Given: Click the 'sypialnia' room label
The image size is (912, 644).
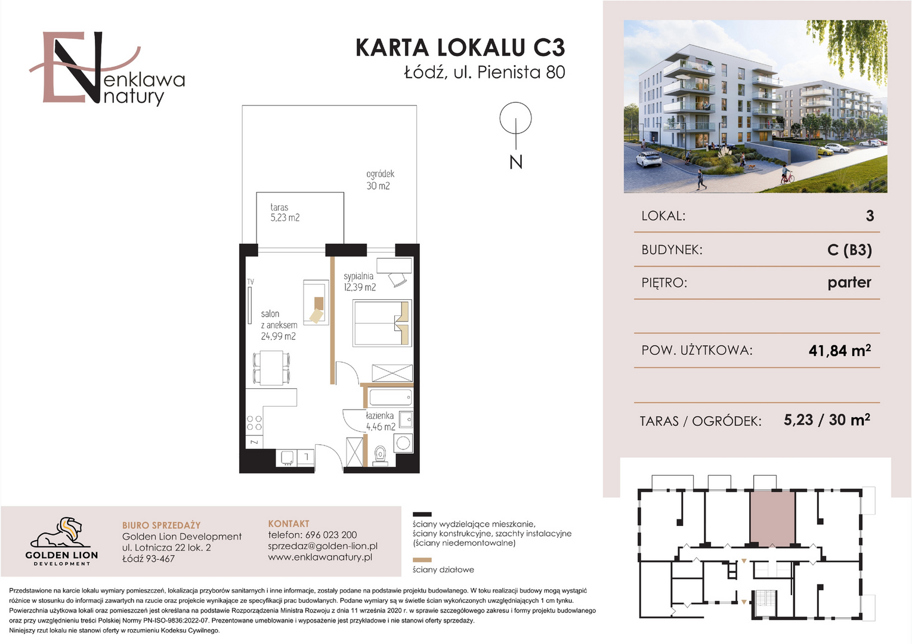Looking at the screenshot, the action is (x=358, y=276).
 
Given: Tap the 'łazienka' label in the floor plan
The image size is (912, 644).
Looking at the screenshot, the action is (x=379, y=416).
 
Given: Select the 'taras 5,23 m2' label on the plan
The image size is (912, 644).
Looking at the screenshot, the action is (x=285, y=212).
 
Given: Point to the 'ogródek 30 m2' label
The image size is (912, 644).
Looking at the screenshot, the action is (x=381, y=180).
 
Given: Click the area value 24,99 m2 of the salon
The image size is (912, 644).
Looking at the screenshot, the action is (x=278, y=336).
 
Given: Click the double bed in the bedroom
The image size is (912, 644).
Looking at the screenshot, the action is (x=382, y=323).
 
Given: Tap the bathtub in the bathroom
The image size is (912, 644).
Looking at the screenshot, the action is (x=390, y=397).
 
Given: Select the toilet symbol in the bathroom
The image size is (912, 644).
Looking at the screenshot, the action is (x=381, y=456).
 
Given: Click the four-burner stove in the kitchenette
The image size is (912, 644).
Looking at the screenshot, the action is (x=254, y=423).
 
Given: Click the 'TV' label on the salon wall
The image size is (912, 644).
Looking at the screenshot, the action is (x=251, y=281).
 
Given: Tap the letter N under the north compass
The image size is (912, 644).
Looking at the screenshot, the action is (x=516, y=162).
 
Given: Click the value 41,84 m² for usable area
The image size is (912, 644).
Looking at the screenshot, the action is (x=839, y=350).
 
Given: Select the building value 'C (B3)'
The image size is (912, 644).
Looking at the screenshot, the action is (x=849, y=249).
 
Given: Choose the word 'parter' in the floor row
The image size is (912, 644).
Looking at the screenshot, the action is (x=849, y=283).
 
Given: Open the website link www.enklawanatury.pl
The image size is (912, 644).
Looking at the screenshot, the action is (x=320, y=557).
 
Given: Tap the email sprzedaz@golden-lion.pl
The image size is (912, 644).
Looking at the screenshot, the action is (x=323, y=546).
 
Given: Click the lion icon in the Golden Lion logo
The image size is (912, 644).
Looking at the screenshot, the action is (x=61, y=532).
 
